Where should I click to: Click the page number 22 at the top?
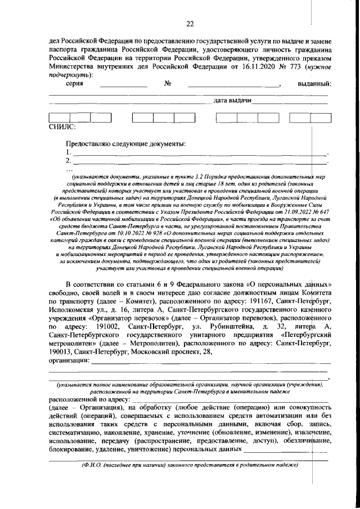pos(190,22)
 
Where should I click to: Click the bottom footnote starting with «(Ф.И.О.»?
pos(189,466)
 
